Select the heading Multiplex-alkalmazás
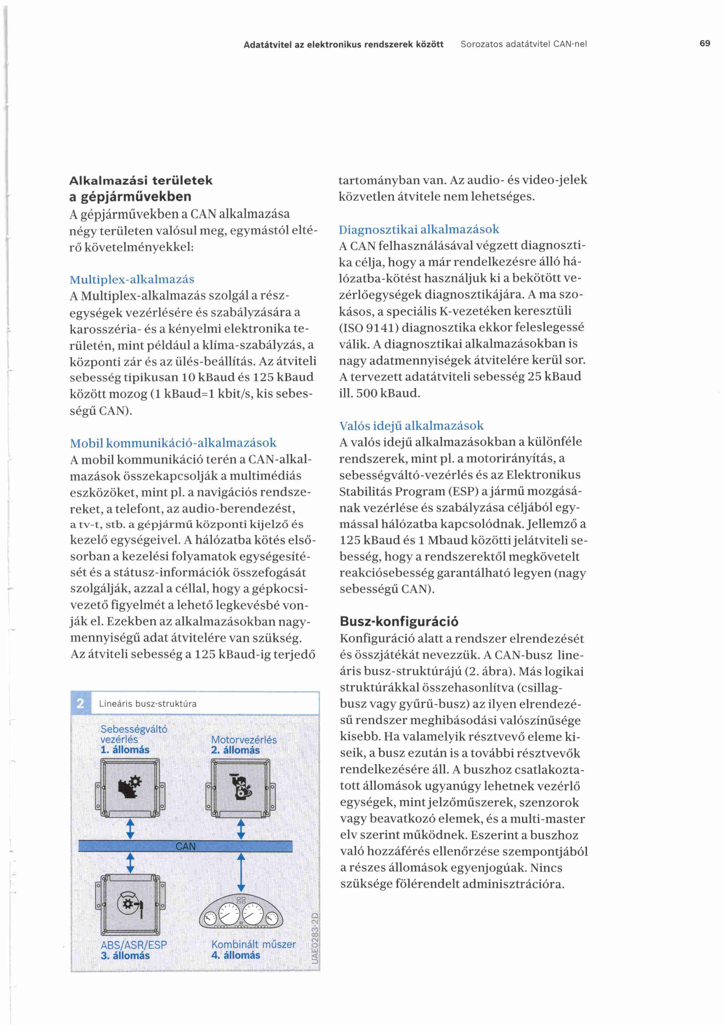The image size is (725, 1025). click(132, 279)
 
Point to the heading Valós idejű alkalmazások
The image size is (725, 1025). click(411, 426)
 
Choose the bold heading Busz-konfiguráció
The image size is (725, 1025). click(399, 621)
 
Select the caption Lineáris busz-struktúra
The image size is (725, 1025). click(147, 704)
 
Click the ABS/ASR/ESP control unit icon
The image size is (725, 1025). click(130, 905)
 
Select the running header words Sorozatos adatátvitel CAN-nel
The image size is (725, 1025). click(524, 44)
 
